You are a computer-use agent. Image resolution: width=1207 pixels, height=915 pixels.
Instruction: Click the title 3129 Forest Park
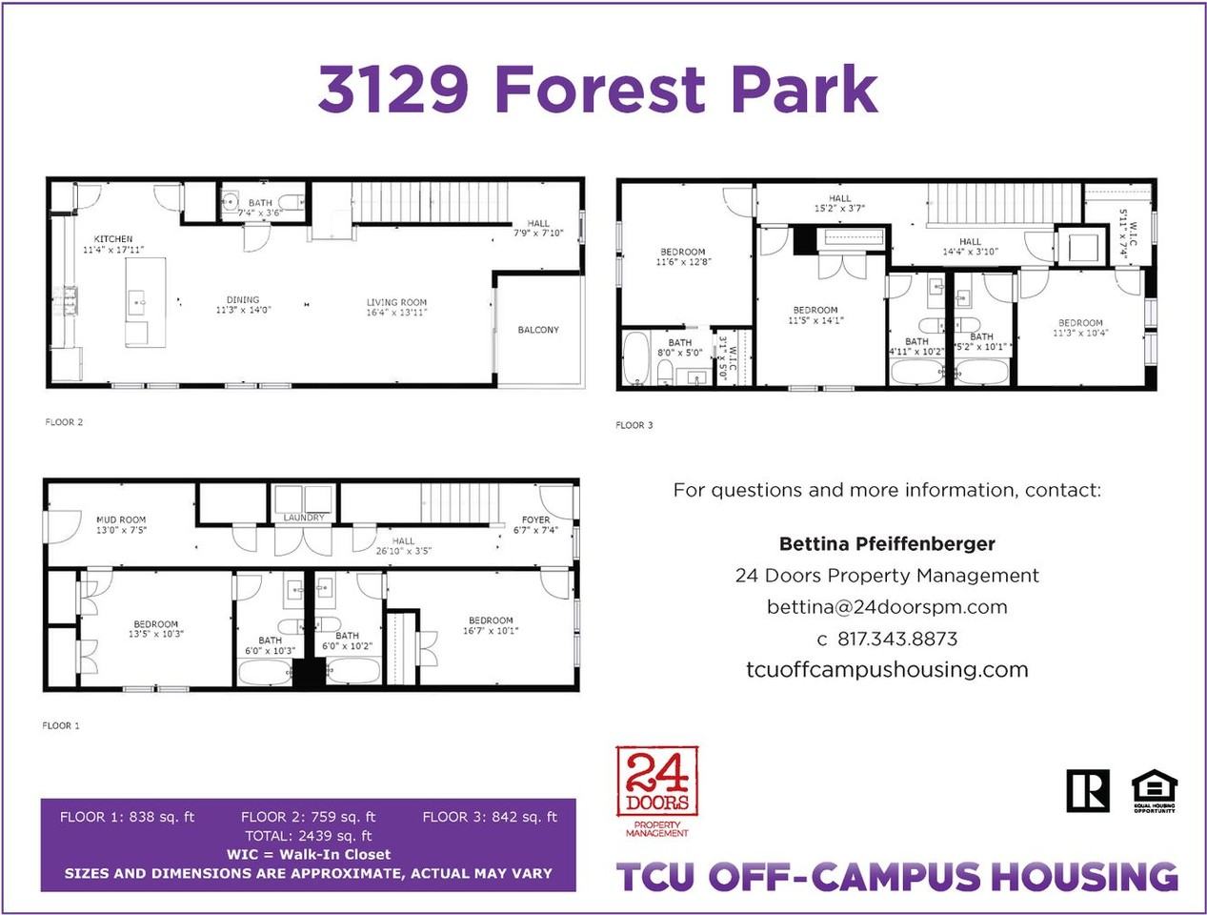[597, 89]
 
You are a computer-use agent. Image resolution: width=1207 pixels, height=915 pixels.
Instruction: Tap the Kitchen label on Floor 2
[113, 239]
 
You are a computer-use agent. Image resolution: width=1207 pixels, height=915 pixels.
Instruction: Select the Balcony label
[538, 330]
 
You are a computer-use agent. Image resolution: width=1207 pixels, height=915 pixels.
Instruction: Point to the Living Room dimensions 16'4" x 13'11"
[397, 313]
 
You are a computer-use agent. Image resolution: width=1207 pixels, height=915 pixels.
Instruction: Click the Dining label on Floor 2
[243, 299]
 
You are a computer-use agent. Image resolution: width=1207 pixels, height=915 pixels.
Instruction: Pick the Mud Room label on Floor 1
[121, 520]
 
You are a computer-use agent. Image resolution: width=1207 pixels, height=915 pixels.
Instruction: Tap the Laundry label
[304, 518]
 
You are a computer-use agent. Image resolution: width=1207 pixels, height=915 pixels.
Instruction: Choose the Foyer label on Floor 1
[535, 520]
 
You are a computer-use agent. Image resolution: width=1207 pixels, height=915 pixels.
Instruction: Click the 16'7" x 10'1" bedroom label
[491, 625]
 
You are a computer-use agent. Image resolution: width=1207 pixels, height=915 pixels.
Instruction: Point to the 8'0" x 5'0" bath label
[680, 348]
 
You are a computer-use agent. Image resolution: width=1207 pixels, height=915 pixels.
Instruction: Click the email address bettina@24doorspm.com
[887, 607]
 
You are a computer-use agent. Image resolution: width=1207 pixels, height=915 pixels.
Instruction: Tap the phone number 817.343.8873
[897, 639]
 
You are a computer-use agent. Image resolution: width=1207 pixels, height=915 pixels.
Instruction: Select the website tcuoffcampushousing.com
[887, 669]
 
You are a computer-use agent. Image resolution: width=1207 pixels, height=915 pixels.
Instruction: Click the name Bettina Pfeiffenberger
[887, 544]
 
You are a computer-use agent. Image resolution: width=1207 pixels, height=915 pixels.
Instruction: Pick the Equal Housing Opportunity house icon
[1154, 789]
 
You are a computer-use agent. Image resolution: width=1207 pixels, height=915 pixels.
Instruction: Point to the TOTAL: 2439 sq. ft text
[309, 836]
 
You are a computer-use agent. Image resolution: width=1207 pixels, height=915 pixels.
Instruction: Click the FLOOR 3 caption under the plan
[634, 425]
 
